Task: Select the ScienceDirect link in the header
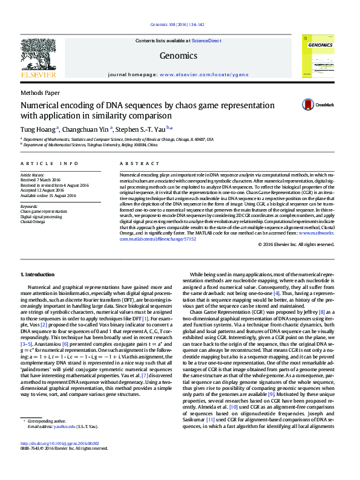point(206,41)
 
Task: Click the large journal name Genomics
point(178,56)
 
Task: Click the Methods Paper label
point(40,92)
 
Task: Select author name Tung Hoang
point(38,128)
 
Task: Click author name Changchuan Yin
point(85,128)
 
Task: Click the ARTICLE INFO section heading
point(50,164)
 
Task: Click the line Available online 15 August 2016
point(48,196)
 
